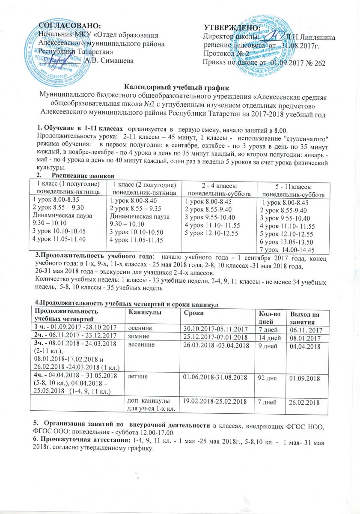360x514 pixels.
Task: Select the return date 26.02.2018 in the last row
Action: (305, 403)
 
